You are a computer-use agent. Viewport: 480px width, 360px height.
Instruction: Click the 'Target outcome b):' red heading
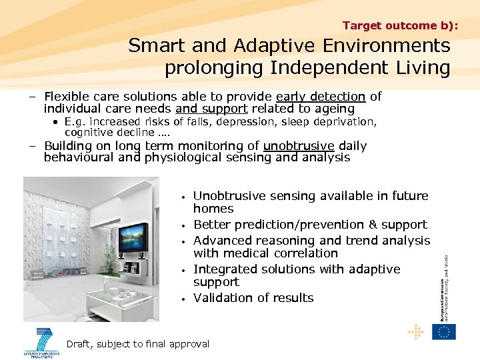point(400,25)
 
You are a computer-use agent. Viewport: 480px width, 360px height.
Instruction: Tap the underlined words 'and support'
point(211,109)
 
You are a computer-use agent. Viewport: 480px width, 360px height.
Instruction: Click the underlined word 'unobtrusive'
point(299,146)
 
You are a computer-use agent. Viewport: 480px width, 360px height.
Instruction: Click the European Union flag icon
point(443,331)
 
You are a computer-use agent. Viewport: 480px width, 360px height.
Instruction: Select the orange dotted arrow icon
point(416,331)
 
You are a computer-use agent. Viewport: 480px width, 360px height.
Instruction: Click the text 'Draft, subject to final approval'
point(138,344)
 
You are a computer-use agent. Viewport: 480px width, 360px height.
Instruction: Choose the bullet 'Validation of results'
point(253,298)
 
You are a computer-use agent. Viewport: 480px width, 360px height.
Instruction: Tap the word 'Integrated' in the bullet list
point(223,269)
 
